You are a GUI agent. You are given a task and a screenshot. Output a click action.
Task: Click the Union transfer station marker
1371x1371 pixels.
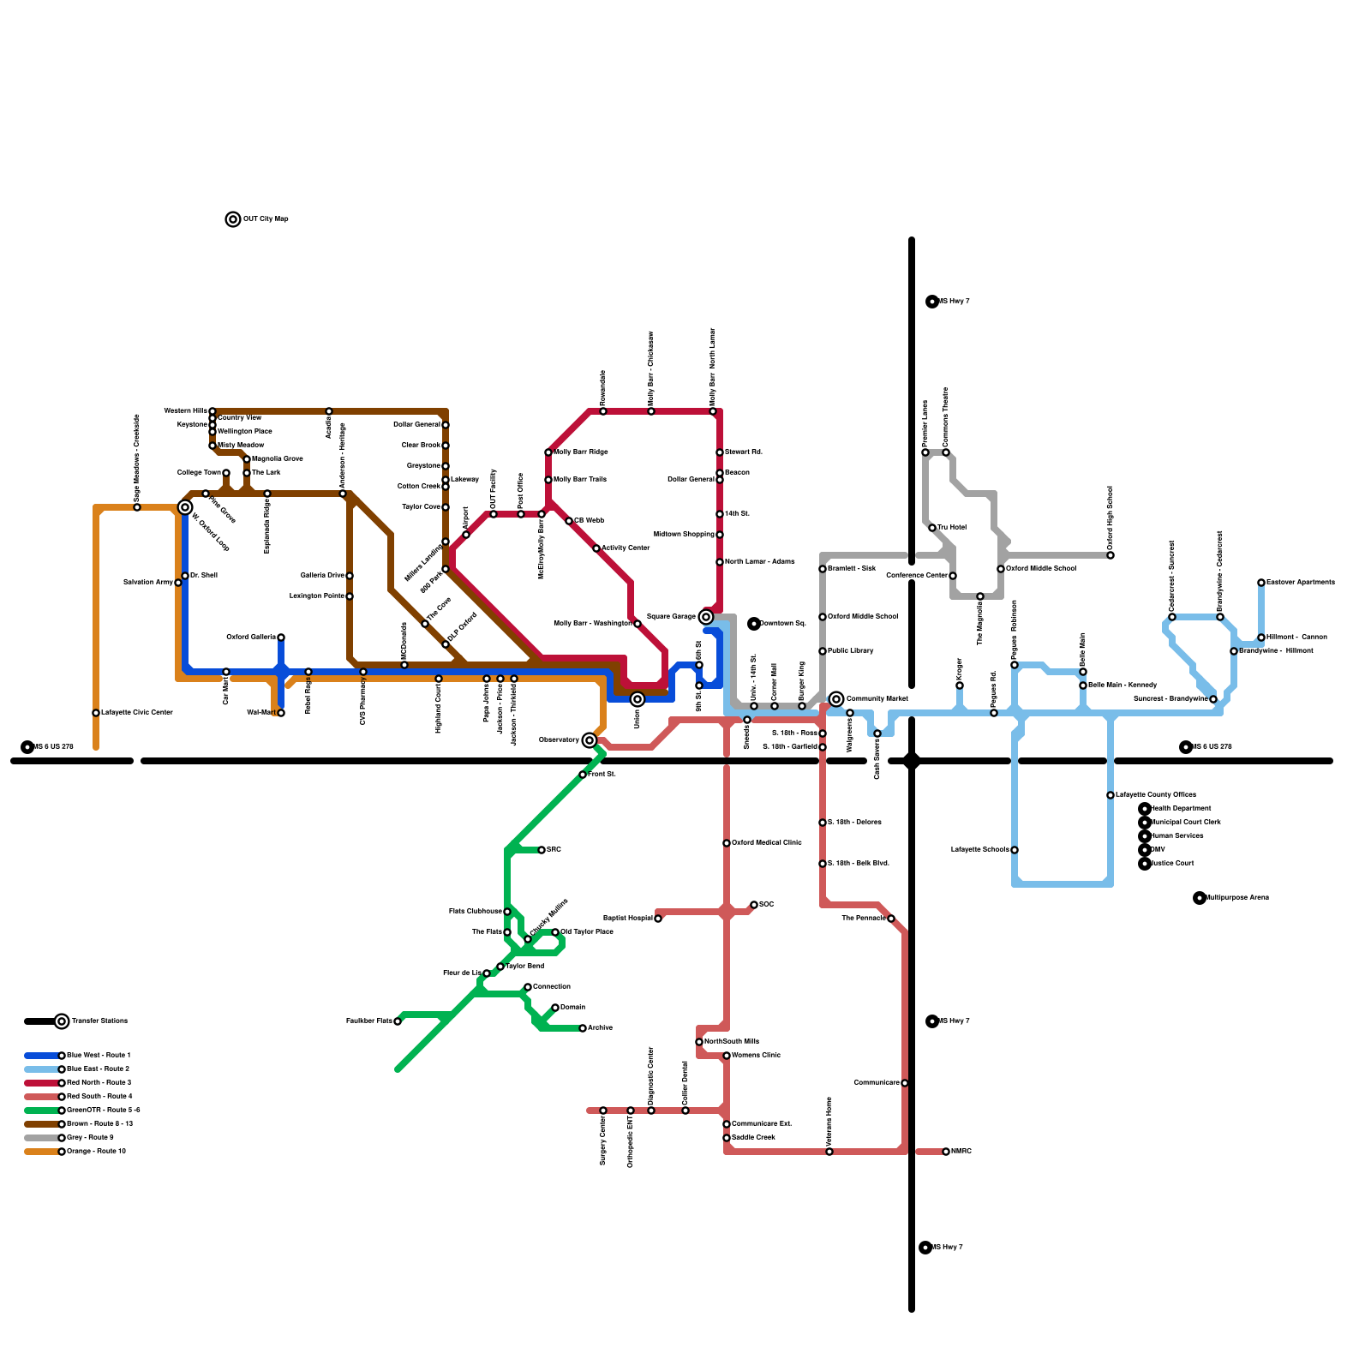[x=638, y=699]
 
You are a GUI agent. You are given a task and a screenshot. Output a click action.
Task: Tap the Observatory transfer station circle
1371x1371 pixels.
[x=590, y=740]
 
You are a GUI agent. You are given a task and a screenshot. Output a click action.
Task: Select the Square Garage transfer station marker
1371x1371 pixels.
[x=706, y=617]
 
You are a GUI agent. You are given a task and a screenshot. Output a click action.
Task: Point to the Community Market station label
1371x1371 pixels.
[x=877, y=699]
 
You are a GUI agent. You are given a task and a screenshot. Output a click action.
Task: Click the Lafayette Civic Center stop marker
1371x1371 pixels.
[x=96, y=713]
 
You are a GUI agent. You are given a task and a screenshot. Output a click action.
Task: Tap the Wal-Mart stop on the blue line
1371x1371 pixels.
[x=281, y=713]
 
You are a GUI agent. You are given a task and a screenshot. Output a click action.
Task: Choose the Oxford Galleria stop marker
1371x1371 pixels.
[x=281, y=638]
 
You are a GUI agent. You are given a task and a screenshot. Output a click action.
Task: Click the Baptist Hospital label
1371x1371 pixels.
[x=627, y=918]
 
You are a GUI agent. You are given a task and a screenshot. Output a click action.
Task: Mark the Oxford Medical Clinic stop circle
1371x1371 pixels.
[x=727, y=843]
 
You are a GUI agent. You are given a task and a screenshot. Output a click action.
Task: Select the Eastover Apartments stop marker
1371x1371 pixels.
[x=1261, y=583]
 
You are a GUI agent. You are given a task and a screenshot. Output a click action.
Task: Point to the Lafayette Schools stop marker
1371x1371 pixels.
[x=1015, y=850]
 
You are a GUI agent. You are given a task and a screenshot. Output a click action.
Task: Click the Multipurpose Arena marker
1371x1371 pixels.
[x=1200, y=898]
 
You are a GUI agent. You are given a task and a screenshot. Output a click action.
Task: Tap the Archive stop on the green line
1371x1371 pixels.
[x=583, y=1028]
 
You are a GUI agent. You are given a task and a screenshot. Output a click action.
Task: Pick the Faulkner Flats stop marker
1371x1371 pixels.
[x=398, y=1021]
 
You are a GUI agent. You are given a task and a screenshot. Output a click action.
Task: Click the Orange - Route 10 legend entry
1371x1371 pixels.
[x=96, y=1152]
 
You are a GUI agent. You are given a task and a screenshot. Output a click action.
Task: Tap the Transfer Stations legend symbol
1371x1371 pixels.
[x=62, y=1021]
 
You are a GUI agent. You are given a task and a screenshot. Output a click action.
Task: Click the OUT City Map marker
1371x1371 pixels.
[x=233, y=219]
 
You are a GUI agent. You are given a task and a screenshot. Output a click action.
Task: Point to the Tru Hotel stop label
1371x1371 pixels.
[x=952, y=528]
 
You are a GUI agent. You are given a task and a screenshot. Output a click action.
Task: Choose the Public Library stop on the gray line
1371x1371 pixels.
[x=823, y=651]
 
